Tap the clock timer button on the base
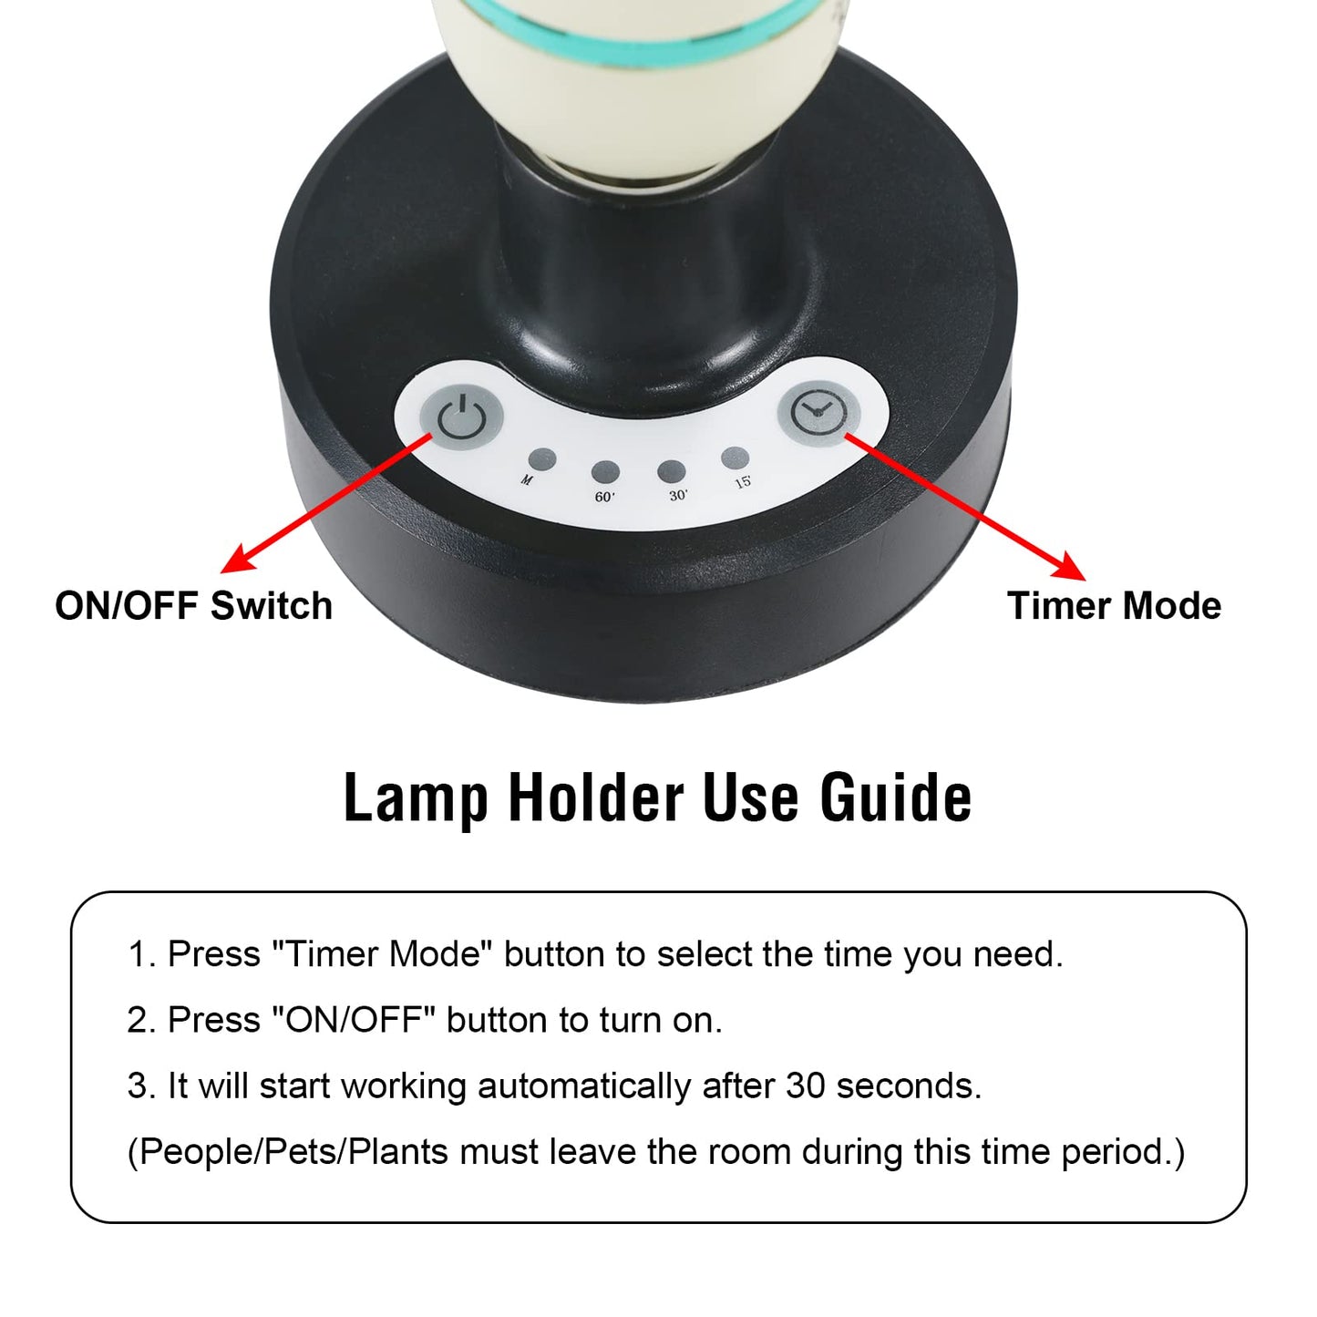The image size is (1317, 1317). [818, 412]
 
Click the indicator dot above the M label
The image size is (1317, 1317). [542, 458]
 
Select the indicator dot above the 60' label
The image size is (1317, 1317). [605, 472]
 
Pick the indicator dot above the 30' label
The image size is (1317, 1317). [672, 471]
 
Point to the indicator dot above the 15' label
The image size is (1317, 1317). [735, 458]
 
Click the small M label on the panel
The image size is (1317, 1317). [527, 479]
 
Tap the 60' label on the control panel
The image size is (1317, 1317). [604, 497]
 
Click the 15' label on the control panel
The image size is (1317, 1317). [743, 481]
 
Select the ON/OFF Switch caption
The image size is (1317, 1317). [193, 606]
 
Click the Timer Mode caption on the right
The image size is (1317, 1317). [1114, 606]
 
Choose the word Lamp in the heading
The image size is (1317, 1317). [416, 797]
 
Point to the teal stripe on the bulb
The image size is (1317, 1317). [638, 36]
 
